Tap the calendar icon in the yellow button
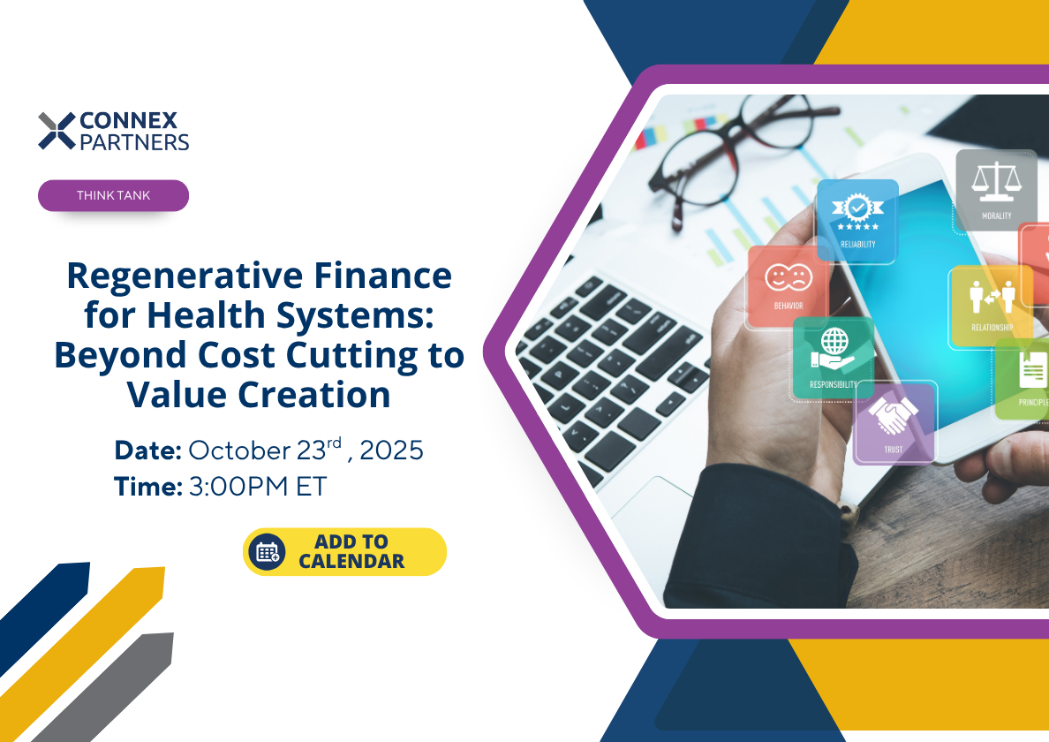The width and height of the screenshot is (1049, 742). click(x=266, y=552)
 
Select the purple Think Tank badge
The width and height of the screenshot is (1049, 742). click(x=113, y=195)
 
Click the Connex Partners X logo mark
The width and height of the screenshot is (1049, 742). click(x=57, y=130)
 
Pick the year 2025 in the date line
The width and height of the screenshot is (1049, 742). click(x=391, y=450)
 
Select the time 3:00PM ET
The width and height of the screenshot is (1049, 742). click(x=257, y=486)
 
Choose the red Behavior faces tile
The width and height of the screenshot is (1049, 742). click(x=788, y=285)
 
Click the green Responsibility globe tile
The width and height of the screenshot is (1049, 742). click(x=833, y=356)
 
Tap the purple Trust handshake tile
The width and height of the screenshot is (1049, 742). click(x=894, y=421)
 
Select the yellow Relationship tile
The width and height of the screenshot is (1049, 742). click(x=991, y=305)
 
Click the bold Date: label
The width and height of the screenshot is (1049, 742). click(x=147, y=450)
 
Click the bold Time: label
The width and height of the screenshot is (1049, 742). click(x=147, y=486)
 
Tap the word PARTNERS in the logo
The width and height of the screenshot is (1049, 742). click(x=134, y=141)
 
